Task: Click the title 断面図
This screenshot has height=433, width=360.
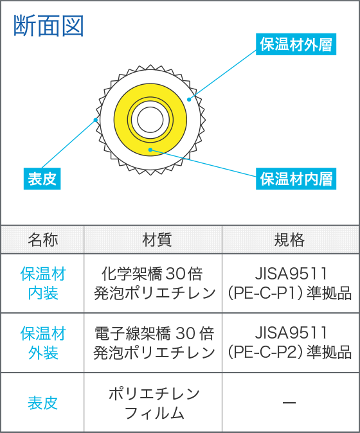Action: click(49, 26)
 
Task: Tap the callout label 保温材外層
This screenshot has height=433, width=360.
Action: click(296, 44)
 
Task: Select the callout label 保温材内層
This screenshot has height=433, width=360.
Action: click(296, 179)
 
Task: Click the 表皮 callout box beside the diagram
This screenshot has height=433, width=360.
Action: click(42, 179)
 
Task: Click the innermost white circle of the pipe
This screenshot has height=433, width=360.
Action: click(150, 120)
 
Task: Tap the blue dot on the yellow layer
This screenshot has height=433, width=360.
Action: click(150, 150)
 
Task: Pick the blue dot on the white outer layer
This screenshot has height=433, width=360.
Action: click(189, 100)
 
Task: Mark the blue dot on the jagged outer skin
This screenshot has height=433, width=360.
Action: click(96, 120)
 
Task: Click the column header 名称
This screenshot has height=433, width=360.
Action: click(43, 240)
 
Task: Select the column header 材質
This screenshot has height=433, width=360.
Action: click(157, 240)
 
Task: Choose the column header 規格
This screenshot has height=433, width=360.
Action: click(289, 240)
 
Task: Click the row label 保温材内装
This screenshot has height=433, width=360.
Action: click(43, 283)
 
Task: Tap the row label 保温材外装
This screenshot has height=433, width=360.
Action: click(43, 343)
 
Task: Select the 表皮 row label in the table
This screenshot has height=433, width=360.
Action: click(42, 403)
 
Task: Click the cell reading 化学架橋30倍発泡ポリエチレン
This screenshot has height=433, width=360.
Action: click(154, 283)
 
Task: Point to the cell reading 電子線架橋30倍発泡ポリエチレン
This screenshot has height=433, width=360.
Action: click(154, 343)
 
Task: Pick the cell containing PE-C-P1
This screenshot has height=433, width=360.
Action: click(290, 283)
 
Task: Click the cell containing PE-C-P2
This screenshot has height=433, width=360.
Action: click(290, 343)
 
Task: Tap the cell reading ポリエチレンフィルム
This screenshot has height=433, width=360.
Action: click(154, 403)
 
